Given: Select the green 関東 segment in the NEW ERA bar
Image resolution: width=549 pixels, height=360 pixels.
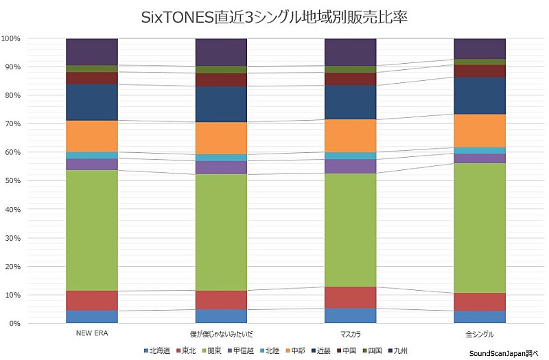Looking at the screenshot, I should [x=92, y=230].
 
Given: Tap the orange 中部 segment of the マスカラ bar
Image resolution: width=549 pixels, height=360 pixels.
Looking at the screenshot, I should [x=350, y=135].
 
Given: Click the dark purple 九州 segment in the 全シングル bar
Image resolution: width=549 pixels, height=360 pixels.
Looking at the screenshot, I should [x=480, y=49].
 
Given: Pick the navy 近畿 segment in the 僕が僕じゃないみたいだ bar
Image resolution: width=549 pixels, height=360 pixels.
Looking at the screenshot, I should [x=221, y=104].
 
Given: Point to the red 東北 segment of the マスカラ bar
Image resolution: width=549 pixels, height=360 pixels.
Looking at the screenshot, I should [x=350, y=297].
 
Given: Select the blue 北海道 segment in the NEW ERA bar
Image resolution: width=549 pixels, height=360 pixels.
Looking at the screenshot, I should [x=92, y=316].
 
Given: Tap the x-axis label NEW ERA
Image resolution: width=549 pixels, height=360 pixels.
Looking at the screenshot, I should [x=92, y=333].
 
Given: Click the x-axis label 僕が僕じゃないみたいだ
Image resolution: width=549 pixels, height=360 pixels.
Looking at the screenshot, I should [x=221, y=333].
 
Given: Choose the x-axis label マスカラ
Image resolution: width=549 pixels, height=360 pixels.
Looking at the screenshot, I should [x=350, y=333].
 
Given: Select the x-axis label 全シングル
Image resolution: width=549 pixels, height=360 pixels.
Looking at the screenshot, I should [x=480, y=333].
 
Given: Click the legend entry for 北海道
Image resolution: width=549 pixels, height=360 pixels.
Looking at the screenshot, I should [x=158, y=350].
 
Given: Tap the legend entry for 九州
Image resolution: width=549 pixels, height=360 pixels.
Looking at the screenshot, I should [x=397, y=350].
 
